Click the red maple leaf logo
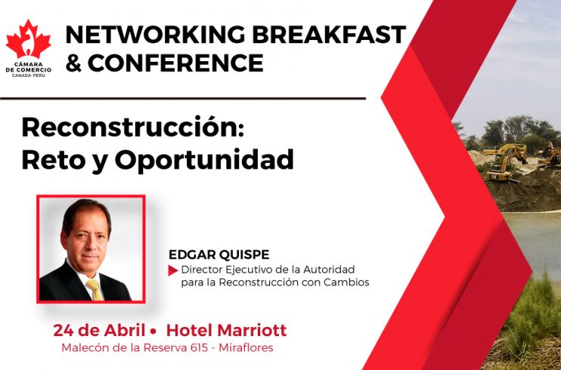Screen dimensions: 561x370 click(28, 39)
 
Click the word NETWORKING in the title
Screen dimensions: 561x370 click(155, 35)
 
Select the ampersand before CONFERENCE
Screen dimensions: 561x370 click(73, 63)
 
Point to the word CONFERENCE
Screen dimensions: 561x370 click(175, 63)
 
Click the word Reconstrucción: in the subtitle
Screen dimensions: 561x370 click(133, 128)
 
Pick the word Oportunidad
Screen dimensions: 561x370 click(204, 160)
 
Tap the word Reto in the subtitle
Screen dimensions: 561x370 click(48, 160)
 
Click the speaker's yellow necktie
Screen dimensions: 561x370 click(95, 289)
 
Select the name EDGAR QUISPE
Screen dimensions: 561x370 click(219, 255)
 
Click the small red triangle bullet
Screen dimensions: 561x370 click(173, 270)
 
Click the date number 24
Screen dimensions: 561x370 click(64, 330)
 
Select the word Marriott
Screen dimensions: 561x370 click(252, 330)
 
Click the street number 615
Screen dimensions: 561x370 click(198, 347)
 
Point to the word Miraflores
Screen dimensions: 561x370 click(246, 347)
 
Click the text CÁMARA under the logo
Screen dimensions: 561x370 click(29, 64)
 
